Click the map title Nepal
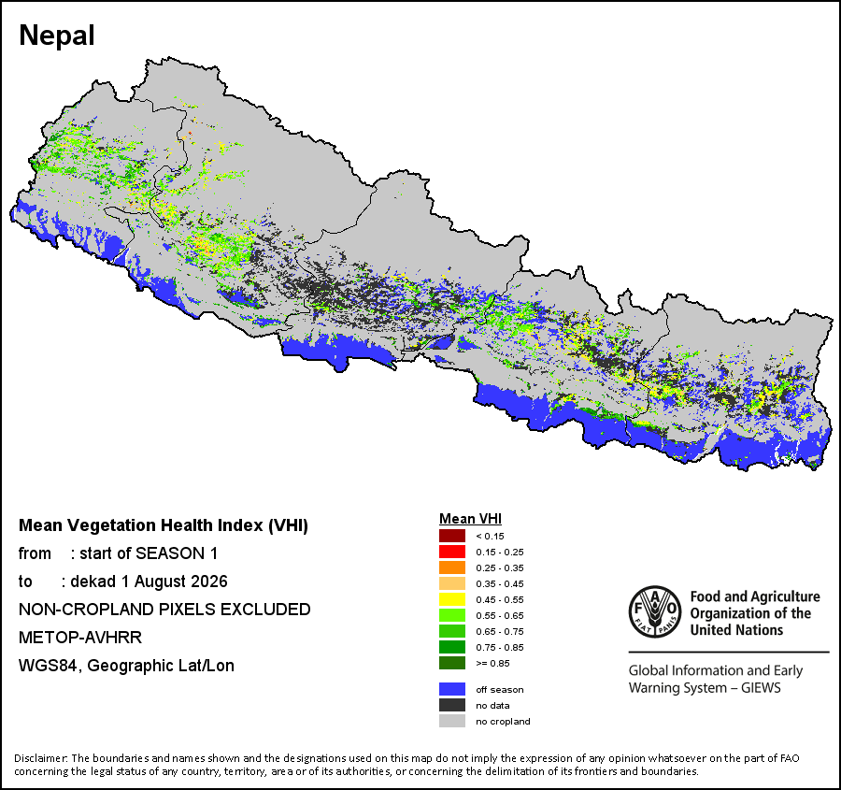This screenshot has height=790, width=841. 57,36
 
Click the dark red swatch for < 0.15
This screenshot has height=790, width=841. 452,536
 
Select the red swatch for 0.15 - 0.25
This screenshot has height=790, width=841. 452,552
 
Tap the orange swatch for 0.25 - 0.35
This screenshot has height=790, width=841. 452,567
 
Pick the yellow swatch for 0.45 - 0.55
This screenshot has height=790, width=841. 452,599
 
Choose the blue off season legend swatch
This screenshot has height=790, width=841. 452,689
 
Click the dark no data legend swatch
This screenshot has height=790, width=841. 452,705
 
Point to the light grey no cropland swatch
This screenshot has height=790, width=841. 452,722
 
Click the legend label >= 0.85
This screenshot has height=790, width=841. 492,664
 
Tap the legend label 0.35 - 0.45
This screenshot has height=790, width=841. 500,584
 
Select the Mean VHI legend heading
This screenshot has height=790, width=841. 470,519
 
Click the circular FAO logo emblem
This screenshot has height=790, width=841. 655,611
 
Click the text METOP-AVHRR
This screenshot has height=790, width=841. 80,637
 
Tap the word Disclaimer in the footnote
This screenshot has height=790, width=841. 41,758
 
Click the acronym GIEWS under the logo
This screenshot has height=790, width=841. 761,687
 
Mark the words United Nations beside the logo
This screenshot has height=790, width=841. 736,629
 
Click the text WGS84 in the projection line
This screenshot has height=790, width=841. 50,666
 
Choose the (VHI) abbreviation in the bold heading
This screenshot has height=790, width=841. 288,525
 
